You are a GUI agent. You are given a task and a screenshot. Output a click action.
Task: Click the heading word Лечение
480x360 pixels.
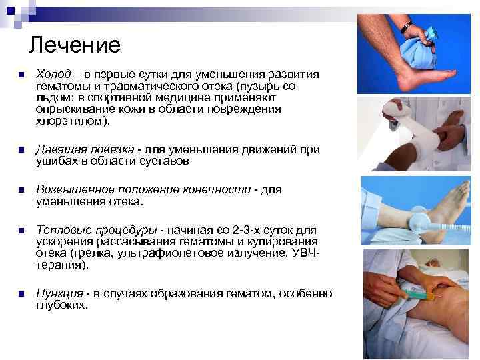pyautogui.click(x=75, y=45)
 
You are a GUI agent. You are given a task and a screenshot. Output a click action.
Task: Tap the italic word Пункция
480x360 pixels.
pyautogui.click(x=59, y=294)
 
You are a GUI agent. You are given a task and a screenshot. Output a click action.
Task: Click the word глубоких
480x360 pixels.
pyautogui.click(x=61, y=305)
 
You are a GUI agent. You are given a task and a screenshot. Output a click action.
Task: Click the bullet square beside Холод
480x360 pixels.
pyautogui.click(x=21, y=75)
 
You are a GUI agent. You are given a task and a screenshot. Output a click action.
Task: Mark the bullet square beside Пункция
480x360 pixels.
pyautogui.click(x=21, y=294)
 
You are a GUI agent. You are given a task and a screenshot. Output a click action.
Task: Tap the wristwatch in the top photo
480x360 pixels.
pyautogui.click(x=406, y=25)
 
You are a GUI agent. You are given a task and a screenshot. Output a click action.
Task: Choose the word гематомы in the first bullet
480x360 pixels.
pyautogui.click(x=60, y=86)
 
